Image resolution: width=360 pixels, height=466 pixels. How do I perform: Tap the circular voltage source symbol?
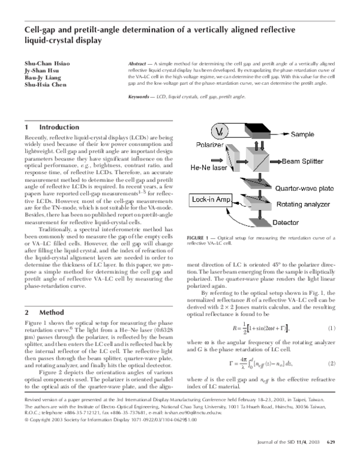tap(220, 132)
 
